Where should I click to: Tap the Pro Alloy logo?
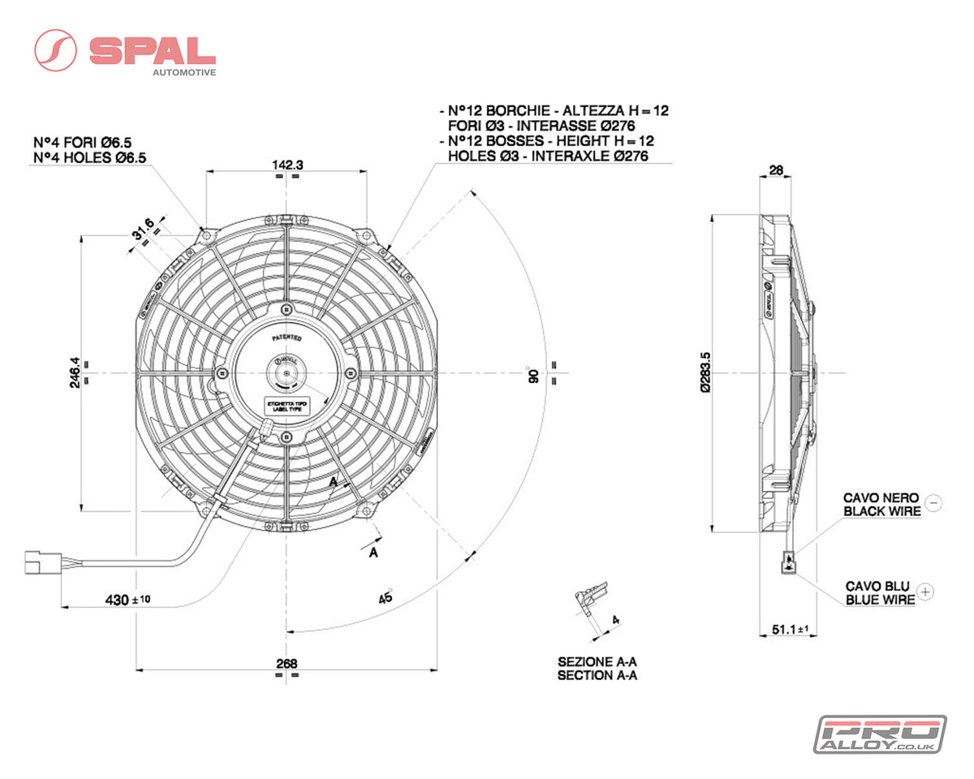[x=880, y=734]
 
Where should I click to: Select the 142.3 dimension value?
[x=287, y=165]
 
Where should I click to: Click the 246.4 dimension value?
[x=74, y=373]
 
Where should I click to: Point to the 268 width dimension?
[x=286, y=663]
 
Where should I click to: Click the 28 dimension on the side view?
[x=775, y=170]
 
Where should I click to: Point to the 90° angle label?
[x=533, y=375]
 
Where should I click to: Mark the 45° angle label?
[x=386, y=596]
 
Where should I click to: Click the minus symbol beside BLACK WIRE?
[x=933, y=503]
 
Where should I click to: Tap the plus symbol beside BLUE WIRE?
[x=928, y=592]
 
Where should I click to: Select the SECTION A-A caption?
[x=597, y=675]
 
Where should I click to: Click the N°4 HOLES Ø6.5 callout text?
[x=89, y=157]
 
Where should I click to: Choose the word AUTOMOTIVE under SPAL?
[x=184, y=72]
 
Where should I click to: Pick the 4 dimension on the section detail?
[x=614, y=620]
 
